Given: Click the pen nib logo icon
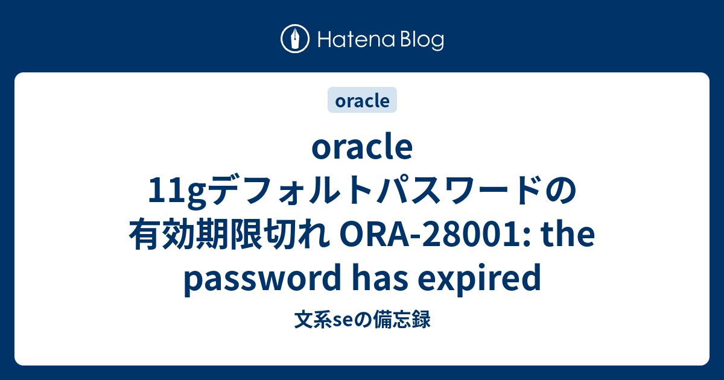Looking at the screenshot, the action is point(295,39).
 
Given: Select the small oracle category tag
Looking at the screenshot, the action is point(362,100).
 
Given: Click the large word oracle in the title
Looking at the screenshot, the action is point(362,147).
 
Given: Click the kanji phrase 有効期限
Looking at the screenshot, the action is point(195,234).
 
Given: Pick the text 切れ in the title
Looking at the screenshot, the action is point(297,234).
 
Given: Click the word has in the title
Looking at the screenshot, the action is point(381,277).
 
